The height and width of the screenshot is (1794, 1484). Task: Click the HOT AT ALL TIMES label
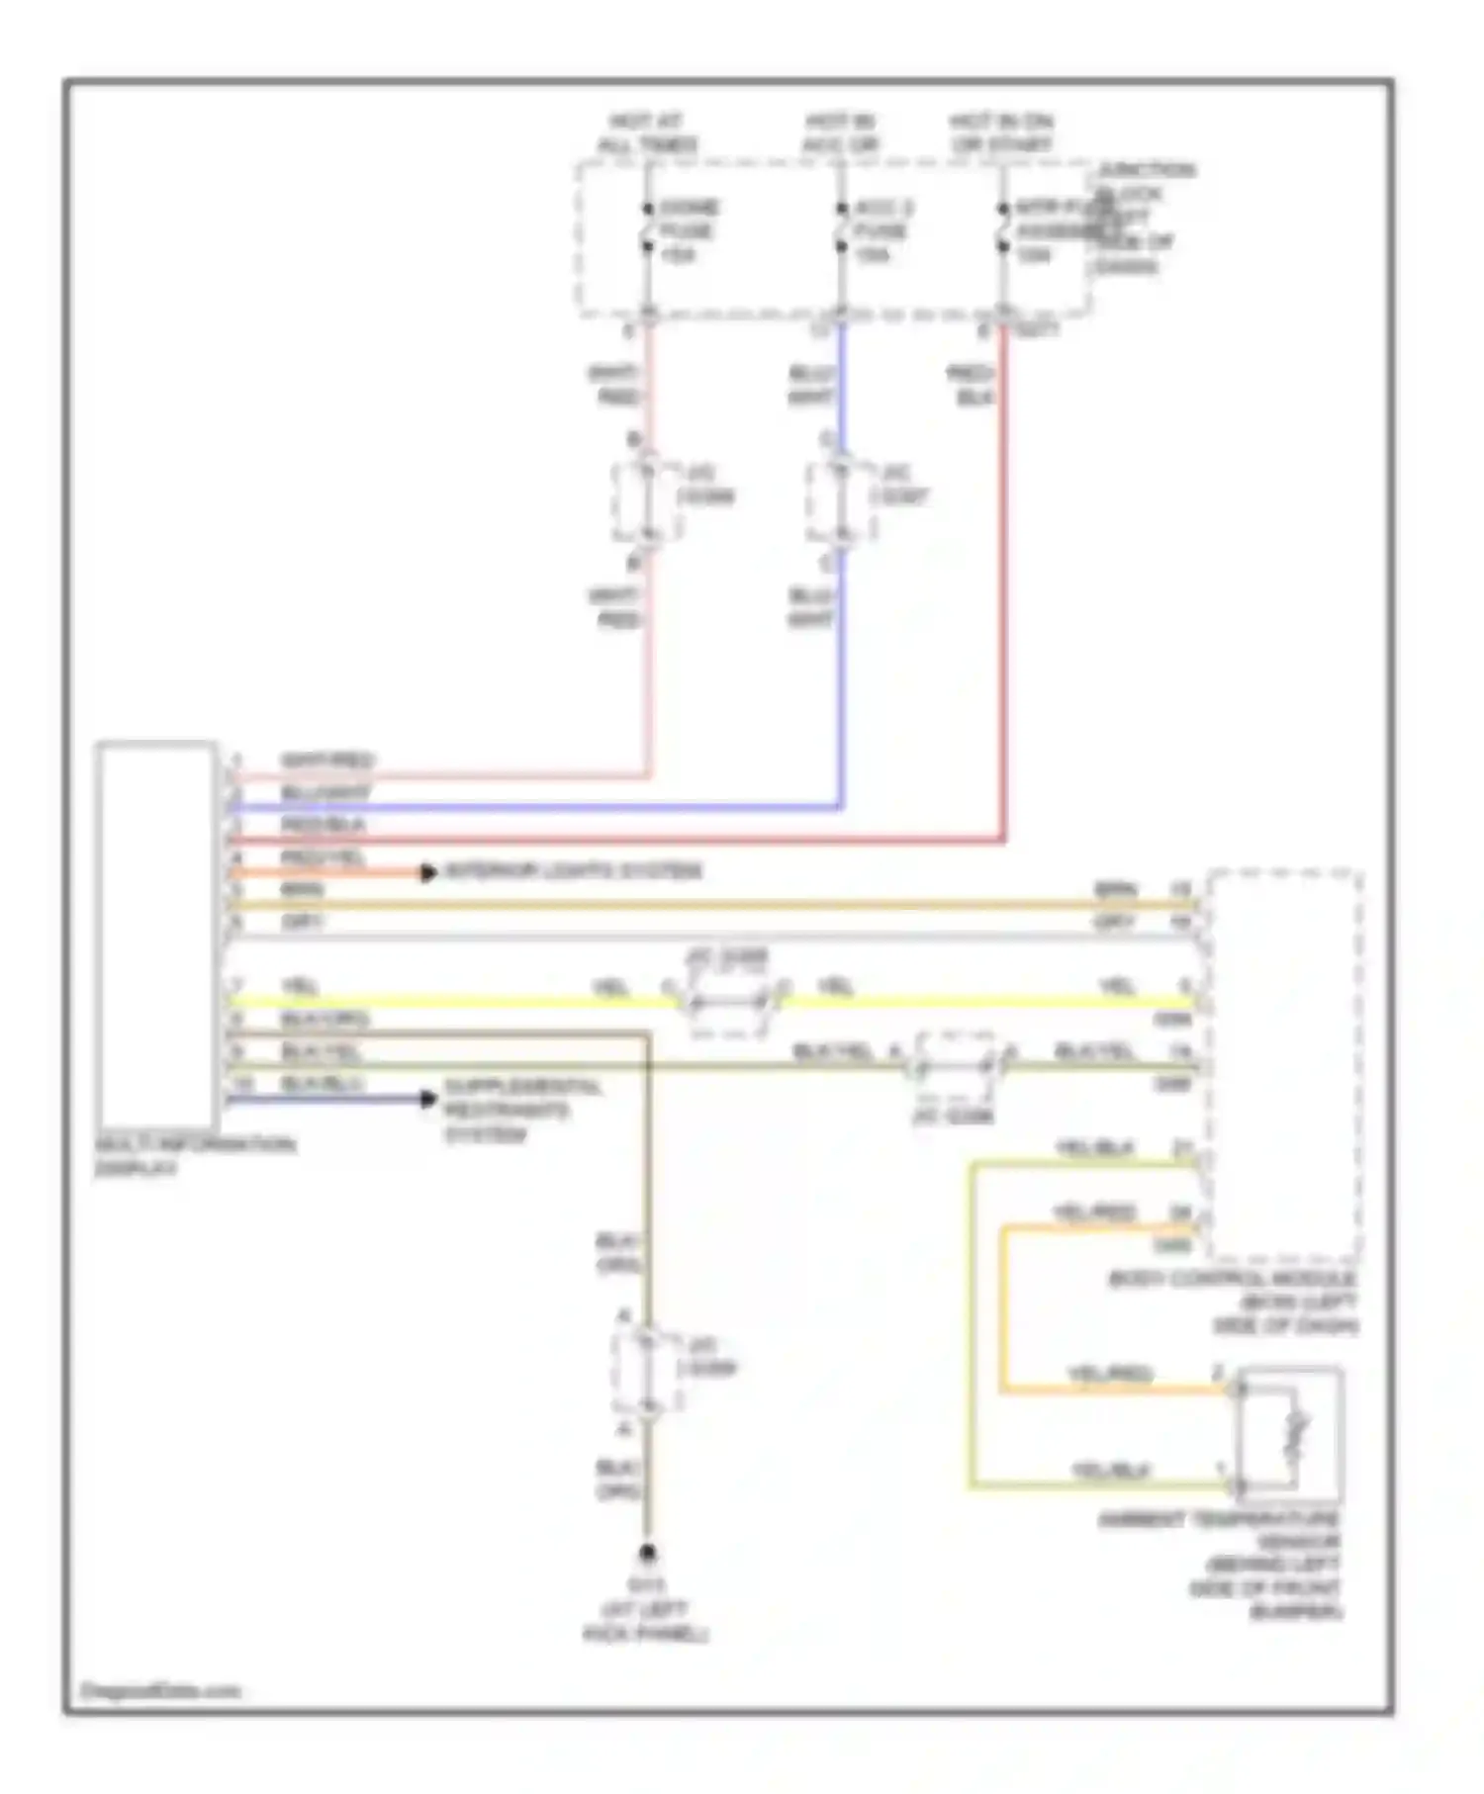coord(647,134)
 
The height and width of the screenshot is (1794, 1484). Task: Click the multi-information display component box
coord(156,934)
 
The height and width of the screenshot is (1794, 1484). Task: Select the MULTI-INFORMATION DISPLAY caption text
coord(194,1156)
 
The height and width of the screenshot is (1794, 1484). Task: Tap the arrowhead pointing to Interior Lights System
coord(428,873)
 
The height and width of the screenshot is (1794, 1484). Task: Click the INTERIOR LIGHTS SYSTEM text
coord(573,871)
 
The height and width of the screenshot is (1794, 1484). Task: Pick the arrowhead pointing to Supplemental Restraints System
coord(428,1099)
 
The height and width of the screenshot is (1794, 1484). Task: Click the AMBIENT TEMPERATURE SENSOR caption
coord(1223,1566)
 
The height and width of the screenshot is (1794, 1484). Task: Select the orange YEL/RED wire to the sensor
coord(1003,1315)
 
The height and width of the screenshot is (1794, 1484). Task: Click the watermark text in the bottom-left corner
coord(158,1691)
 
